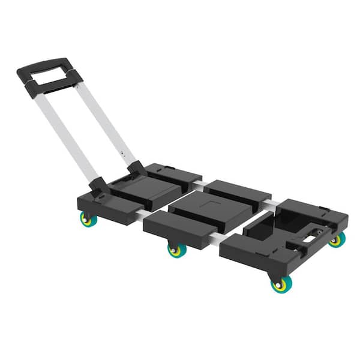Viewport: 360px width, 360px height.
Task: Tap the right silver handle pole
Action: [x=106, y=121]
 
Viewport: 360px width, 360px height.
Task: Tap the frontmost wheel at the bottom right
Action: [x=279, y=284]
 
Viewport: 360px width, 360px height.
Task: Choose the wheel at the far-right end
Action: [x=337, y=240]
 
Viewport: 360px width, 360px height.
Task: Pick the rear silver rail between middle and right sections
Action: [x=273, y=205]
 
